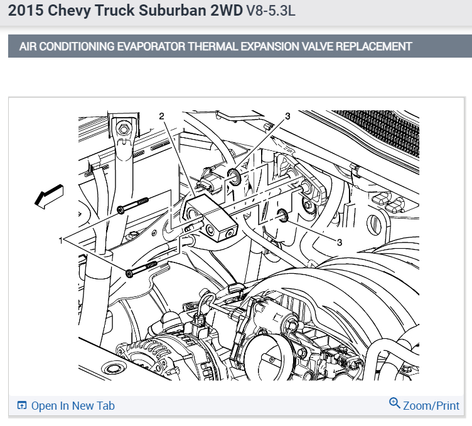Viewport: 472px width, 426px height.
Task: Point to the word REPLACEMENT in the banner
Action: [372, 46]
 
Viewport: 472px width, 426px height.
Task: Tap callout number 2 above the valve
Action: [161, 116]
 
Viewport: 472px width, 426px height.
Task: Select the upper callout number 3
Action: [287, 116]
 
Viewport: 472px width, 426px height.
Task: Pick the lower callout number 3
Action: [340, 241]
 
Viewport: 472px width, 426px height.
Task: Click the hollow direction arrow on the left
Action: [49, 195]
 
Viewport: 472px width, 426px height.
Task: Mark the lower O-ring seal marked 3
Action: [283, 217]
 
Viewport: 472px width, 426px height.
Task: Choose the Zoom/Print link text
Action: [431, 406]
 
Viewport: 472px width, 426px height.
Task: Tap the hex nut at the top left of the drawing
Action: [124, 130]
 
